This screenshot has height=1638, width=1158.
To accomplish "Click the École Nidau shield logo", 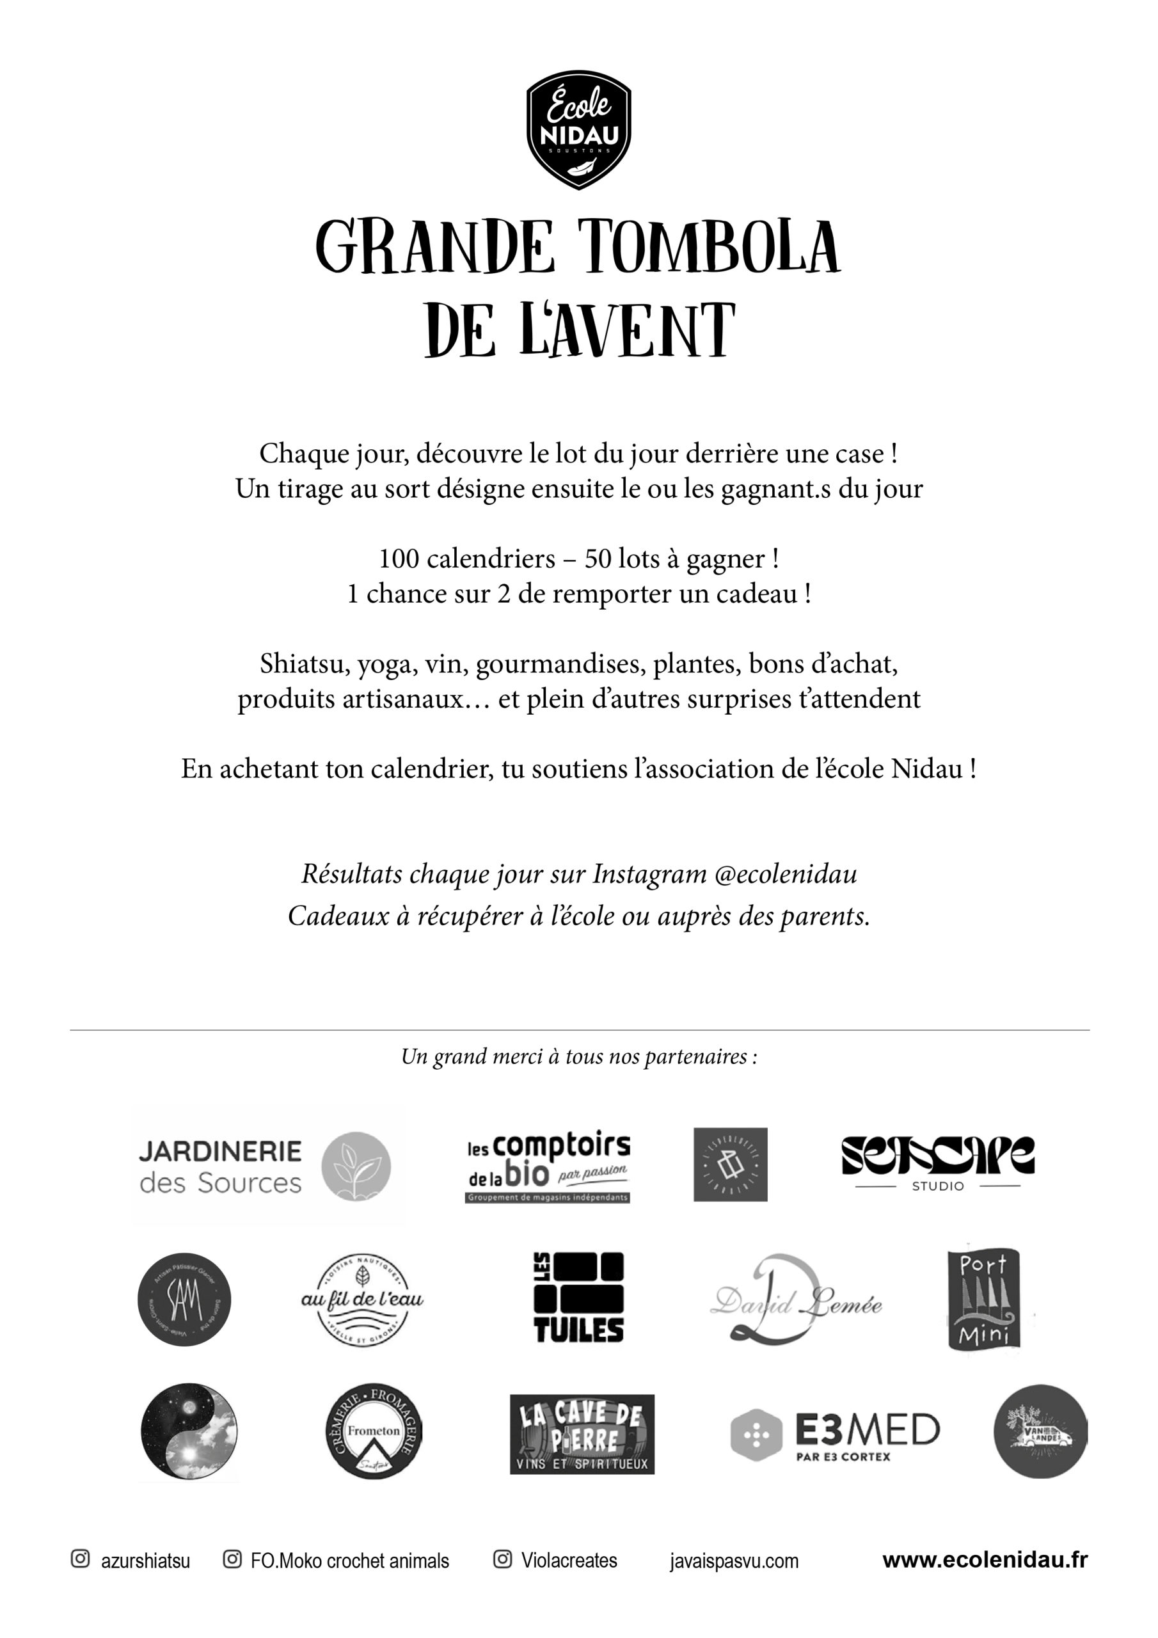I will pos(578,134).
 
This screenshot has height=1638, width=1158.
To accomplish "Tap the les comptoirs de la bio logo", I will pos(548,1167).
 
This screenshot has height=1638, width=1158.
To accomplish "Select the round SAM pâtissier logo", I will pos(184,1300).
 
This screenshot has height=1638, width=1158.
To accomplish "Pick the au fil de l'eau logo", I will pos(361,1299).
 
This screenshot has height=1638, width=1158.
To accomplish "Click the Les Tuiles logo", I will pos(578,1298).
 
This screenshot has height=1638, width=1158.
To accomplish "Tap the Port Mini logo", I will pos(983,1299).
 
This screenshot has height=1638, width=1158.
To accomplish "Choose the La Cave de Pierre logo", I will pos(582,1434).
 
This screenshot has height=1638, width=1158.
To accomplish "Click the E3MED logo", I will pos(835,1433).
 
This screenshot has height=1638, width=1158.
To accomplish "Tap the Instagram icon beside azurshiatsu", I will pos(81,1559).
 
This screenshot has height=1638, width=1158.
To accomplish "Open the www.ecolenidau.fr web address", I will pos(985,1560).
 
